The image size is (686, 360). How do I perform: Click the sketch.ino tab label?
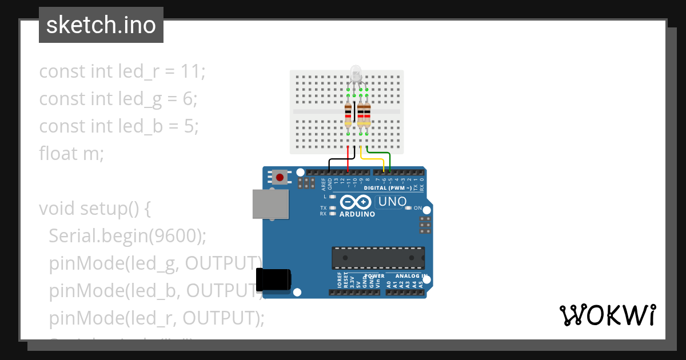coord(101,25)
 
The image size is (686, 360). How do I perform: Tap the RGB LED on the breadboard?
coord(356,74)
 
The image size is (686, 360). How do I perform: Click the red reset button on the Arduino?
coord(280,177)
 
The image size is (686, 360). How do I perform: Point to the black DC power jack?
coord(273,279)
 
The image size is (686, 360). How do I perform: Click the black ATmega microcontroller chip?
coord(378,258)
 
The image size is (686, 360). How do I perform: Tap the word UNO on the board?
coord(392,201)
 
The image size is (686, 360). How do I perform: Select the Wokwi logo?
coord(607,315)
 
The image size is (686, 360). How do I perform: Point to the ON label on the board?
coord(418,208)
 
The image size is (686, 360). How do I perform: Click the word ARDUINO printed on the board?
coord(357,214)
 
